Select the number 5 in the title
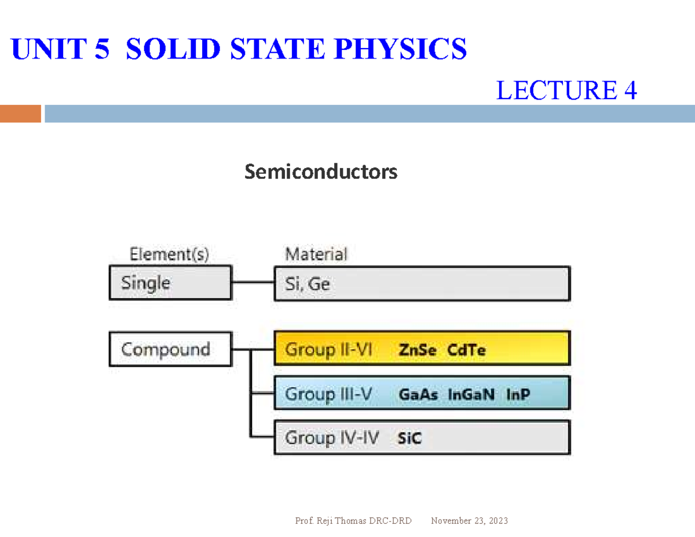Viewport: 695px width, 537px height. coord(101,49)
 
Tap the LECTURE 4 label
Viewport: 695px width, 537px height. coord(566,90)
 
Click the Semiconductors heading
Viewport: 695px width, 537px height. coord(320,171)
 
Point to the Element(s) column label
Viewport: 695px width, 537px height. coord(169,254)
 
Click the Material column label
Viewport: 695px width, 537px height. coord(316,254)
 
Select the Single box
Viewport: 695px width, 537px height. coord(170,283)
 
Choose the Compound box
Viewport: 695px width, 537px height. coord(170,349)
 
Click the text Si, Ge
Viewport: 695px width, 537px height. coord(307,284)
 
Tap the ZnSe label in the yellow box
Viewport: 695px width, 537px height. coord(418,350)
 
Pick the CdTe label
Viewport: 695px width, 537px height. coord(466,350)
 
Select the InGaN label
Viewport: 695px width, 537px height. coord(471,394)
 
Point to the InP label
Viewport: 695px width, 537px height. coord(518,394)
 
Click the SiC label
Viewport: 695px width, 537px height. coord(409,439)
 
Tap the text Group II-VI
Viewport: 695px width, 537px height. coord(328,350)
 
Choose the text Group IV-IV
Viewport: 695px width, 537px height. coord(331,438)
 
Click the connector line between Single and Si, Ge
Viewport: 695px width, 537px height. coord(253,283)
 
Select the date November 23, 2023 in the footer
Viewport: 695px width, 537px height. coord(469,521)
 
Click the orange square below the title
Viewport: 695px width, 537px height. coord(21,114)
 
